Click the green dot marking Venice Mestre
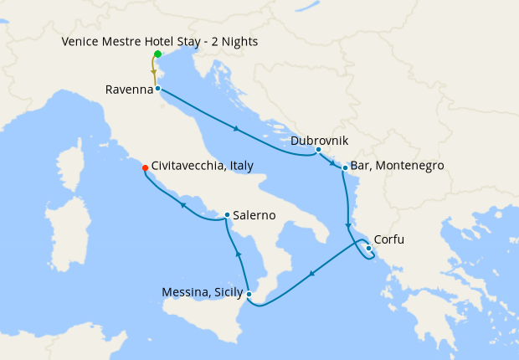point(157,54)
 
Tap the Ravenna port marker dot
point(157,87)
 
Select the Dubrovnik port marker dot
point(318,150)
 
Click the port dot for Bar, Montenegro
point(345,168)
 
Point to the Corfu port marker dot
point(369,247)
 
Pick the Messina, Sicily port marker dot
point(249,293)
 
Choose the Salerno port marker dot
point(227,215)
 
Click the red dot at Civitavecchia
point(146,167)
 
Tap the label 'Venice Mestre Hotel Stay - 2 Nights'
point(160,41)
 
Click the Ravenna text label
point(128,89)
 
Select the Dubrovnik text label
point(320,141)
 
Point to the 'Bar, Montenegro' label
point(397,167)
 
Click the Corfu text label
point(388,239)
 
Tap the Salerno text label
point(255,215)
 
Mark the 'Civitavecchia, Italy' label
point(203,167)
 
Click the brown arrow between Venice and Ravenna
point(154,72)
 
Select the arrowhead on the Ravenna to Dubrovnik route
point(238,129)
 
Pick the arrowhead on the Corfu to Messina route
point(312,272)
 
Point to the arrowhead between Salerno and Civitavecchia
point(182,203)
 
